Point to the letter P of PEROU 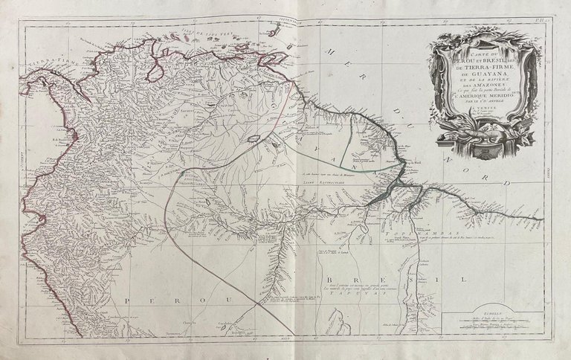click(x=128, y=299)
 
